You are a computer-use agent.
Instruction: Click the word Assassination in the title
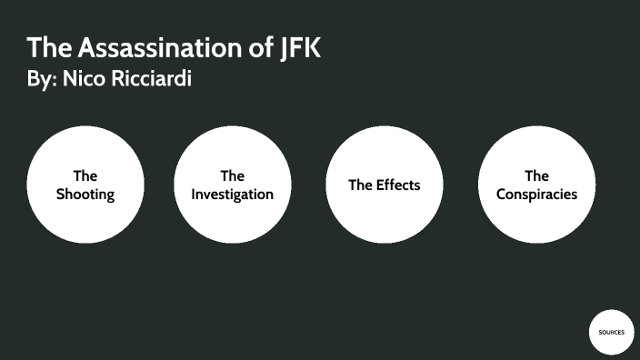tap(151, 47)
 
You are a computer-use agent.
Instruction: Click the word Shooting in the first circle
tap(85, 194)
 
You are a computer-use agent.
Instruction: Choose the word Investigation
tap(232, 194)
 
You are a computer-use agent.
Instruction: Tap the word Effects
tap(397, 185)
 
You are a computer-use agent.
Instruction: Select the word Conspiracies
tap(536, 194)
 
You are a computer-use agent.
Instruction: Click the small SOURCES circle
tap(611, 332)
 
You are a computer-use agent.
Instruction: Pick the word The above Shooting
tap(85, 175)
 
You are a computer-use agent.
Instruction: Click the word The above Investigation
tap(232, 175)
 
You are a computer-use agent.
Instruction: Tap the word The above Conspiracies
tap(536, 175)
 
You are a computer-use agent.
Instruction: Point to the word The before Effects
tap(360, 185)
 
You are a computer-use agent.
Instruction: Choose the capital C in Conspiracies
tap(502, 194)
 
